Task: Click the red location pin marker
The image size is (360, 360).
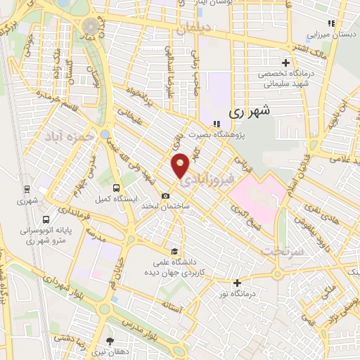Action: point(181,165)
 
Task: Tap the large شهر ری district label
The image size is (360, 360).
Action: point(249,110)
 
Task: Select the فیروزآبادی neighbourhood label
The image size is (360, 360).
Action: point(210,180)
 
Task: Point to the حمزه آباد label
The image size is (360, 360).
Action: point(67,136)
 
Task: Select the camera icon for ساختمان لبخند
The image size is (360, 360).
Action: point(165,195)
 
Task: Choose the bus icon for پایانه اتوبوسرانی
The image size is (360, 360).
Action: point(46,219)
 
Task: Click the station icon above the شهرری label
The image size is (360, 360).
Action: point(26,188)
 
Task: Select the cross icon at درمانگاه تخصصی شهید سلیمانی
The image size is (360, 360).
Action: point(285,61)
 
